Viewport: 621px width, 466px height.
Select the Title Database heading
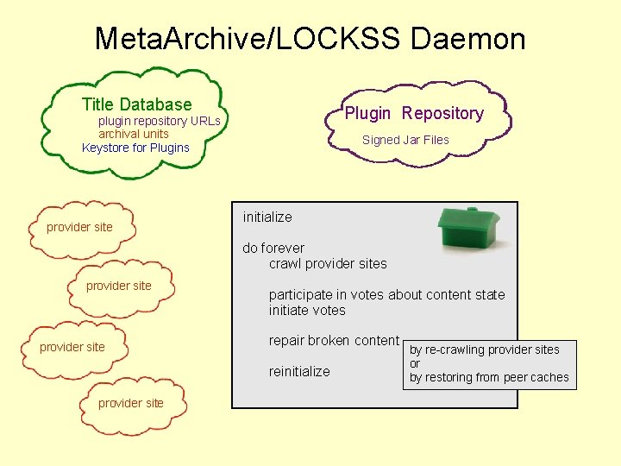[x=136, y=104]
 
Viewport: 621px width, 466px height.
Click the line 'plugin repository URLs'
[x=160, y=121]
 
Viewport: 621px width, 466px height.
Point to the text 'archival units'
[x=133, y=134]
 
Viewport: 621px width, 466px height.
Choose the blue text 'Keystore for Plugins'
[x=135, y=148]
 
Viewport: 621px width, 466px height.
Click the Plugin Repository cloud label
[x=414, y=113]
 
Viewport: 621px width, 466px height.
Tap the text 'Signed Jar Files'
[x=405, y=140]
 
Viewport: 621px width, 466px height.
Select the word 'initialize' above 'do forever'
[x=267, y=217]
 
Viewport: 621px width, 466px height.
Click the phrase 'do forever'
[x=273, y=248]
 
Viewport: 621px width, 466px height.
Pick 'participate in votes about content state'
[x=386, y=294]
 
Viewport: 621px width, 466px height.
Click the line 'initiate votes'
[x=307, y=310]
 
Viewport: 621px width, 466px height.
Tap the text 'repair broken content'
[x=334, y=340]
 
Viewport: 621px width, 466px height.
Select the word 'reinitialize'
[x=299, y=371]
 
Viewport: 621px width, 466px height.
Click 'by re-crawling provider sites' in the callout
[x=484, y=349]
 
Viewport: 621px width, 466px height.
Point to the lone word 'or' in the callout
[x=415, y=363]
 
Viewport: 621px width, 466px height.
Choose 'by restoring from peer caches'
[x=489, y=377]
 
